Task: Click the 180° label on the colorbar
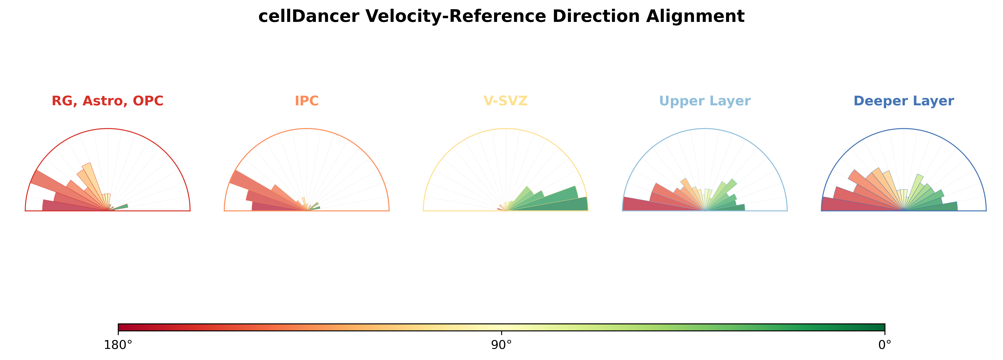point(118,345)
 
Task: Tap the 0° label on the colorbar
point(885,345)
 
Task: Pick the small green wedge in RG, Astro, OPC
point(121,207)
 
